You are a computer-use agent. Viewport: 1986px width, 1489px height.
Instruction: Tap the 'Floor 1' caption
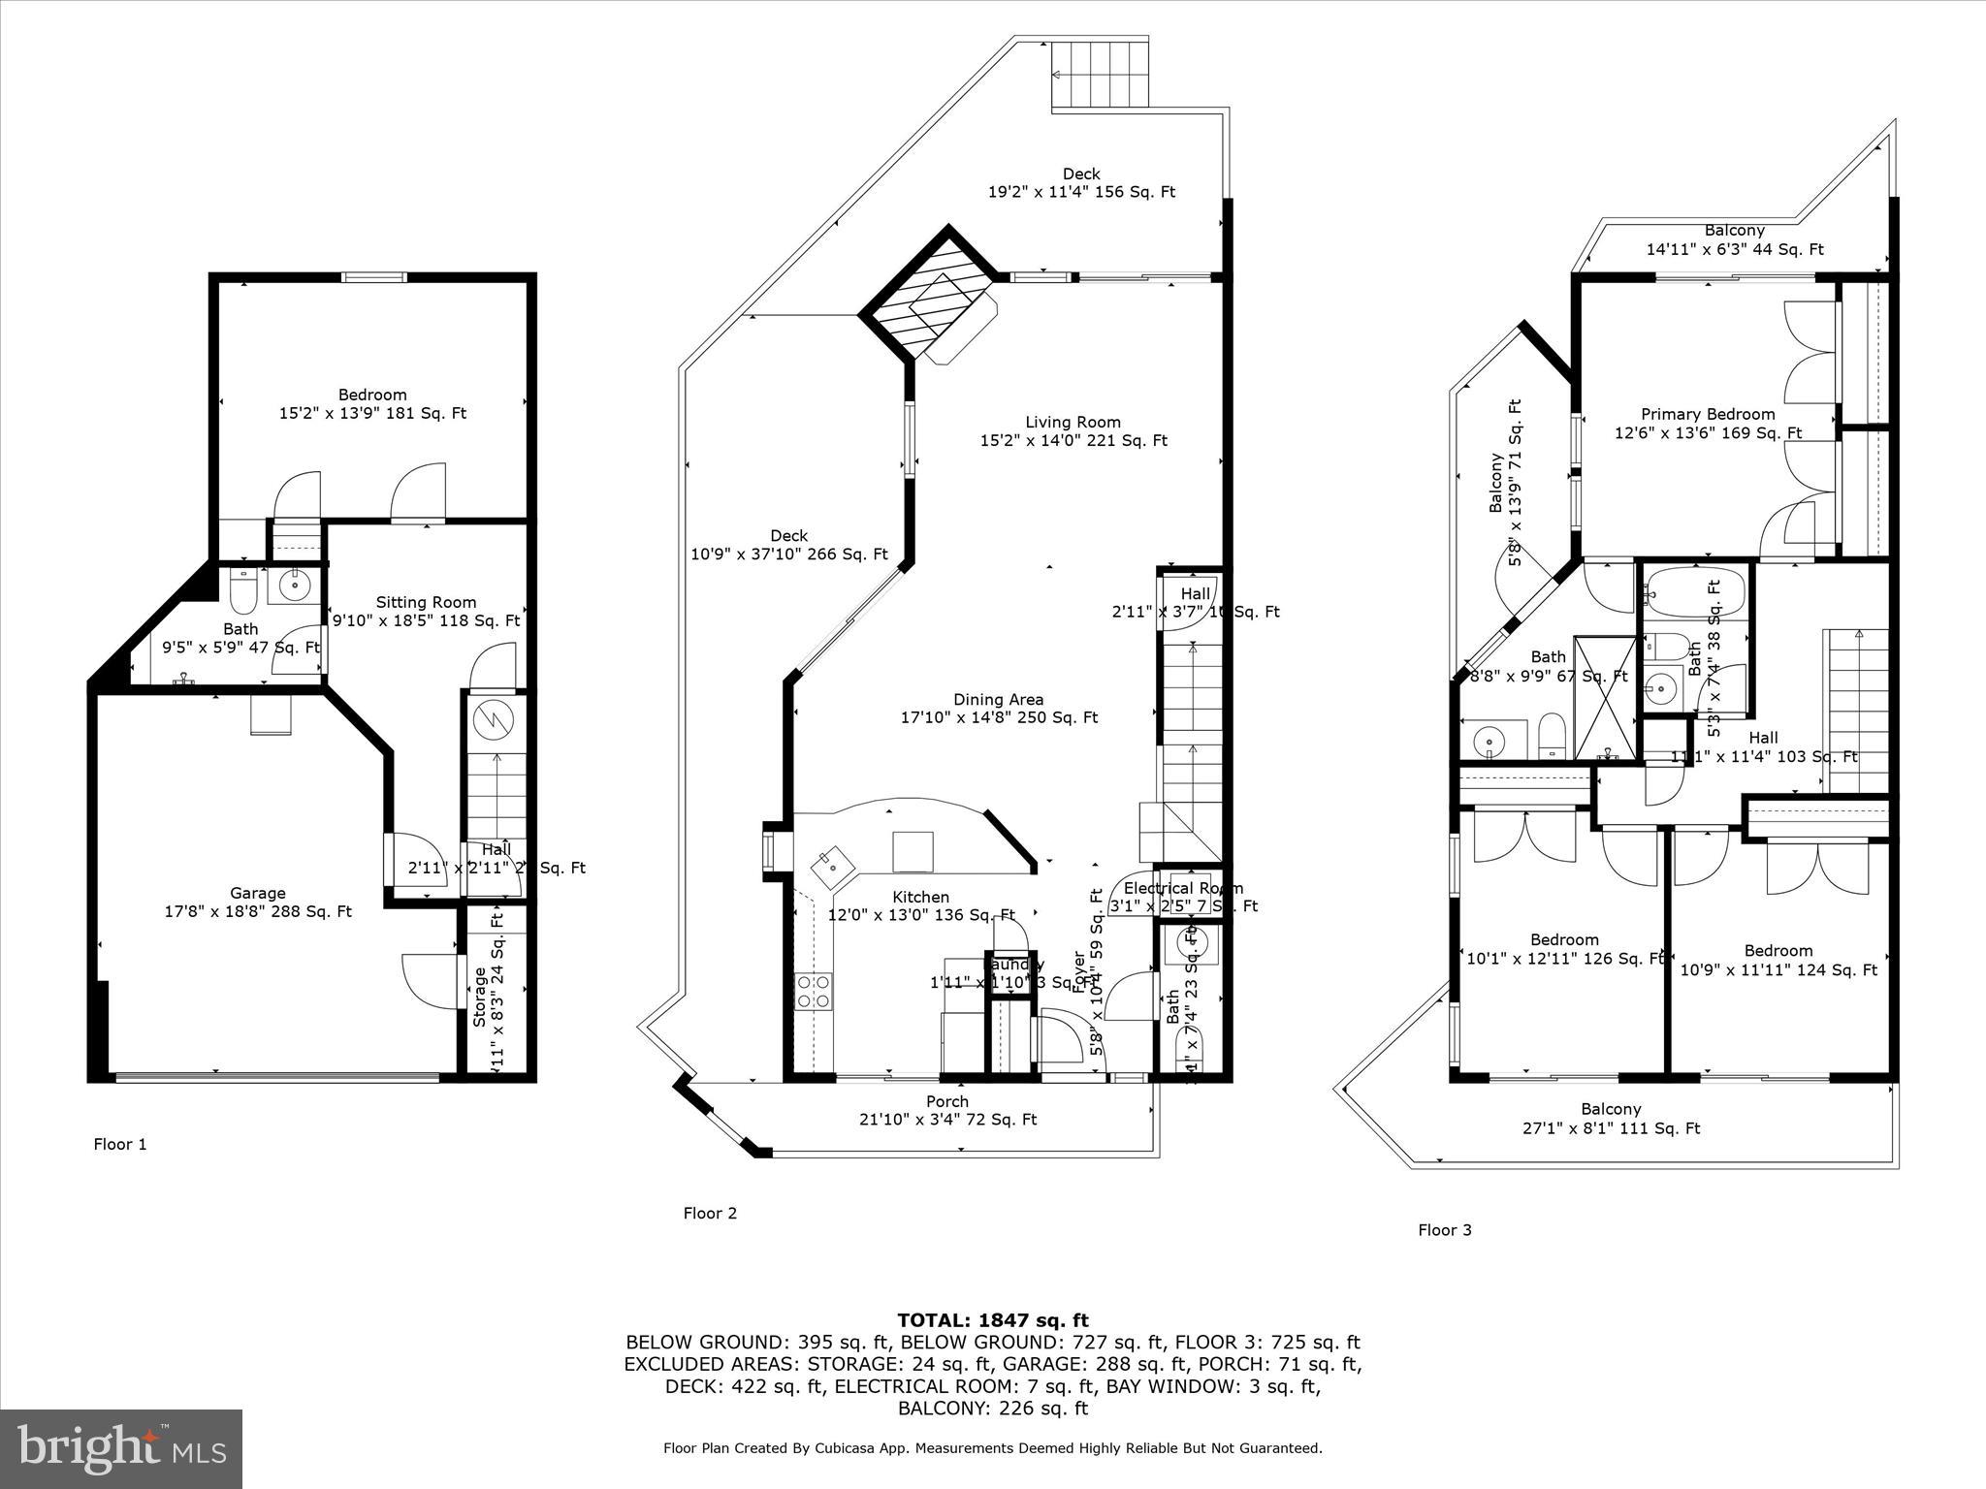click(120, 1144)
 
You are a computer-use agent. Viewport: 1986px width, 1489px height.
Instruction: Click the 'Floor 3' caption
click(1444, 1230)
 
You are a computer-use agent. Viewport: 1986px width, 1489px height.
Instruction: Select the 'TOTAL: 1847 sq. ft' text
click(992, 1320)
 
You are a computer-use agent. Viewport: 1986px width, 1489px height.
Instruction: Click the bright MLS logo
click(121, 1449)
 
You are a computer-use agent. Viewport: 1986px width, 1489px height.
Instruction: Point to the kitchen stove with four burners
click(813, 992)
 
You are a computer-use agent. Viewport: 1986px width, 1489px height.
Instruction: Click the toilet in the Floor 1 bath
click(242, 585)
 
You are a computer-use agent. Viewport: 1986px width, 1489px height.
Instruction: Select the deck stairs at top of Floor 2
click(1101, 75)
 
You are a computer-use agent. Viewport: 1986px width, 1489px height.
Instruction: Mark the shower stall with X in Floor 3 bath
click(1604, 697)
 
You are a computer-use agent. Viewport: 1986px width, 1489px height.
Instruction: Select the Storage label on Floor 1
click(481, 996)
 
